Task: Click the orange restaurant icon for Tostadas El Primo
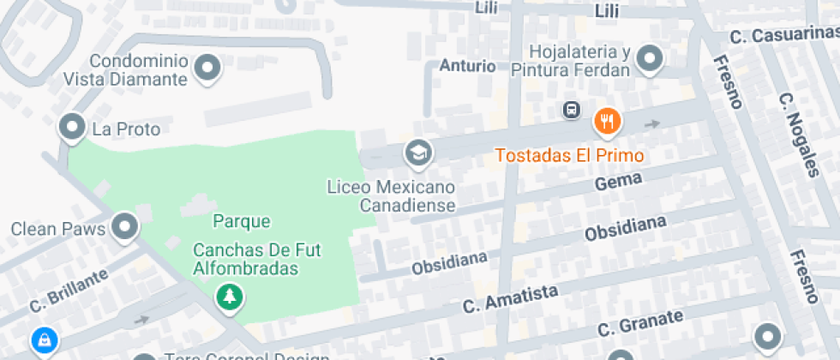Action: (x=608, y=121)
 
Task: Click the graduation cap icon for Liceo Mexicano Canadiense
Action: (x=418, y=153)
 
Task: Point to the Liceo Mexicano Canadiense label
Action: (x=391, y=196)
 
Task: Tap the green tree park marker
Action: (x=230, y=297)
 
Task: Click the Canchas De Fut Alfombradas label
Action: (x=245, y=260)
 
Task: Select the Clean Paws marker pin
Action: (x=126, y=226)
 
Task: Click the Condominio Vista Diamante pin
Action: (x=207, y=67)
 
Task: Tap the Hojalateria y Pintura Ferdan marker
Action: (x=651, y=57)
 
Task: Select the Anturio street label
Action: (x=467, y=66)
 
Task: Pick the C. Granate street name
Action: (x=640, y=323)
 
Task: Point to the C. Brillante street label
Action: (x=69, y=291)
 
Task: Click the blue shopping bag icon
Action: (x=42, y=341)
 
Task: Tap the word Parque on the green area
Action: (x=242, y=221)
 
